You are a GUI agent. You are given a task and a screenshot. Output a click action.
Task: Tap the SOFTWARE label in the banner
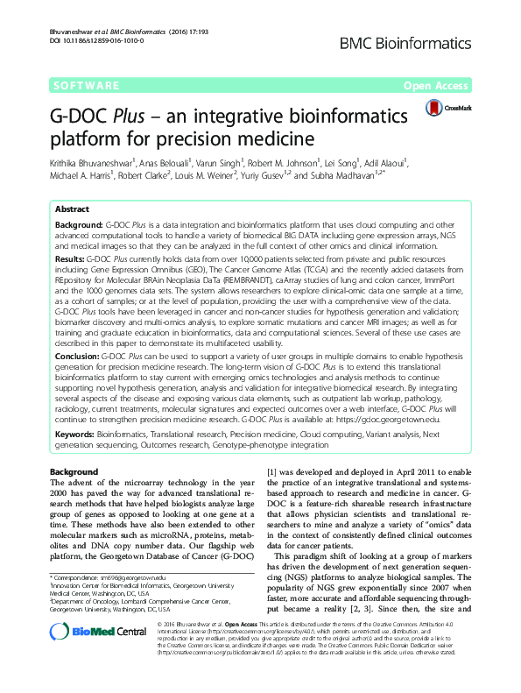coord(88,86)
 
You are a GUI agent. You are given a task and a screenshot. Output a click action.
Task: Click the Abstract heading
coord(72,210)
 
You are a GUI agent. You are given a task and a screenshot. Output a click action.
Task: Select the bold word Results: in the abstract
coord(73,261)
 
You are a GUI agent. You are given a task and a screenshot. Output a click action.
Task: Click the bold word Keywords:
coord(74,434)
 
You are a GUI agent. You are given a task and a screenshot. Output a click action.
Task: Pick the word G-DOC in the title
coord(76,115)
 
